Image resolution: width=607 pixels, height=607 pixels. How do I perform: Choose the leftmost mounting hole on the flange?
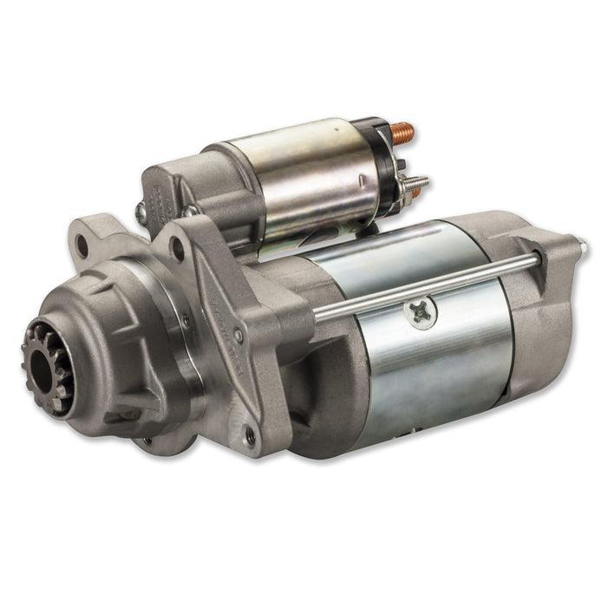click(82, 246)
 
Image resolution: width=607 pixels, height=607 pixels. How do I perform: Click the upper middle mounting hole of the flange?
click(178, 251)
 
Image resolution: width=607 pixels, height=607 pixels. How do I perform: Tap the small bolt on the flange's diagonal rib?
click(238, 335)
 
